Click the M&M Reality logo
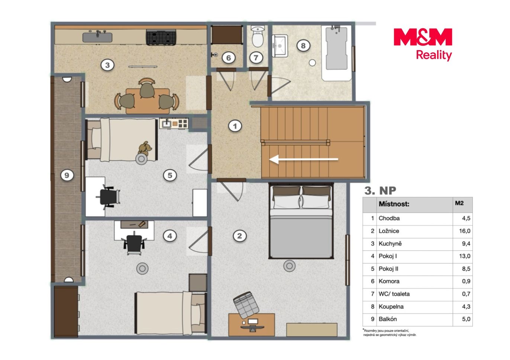click(423, 45)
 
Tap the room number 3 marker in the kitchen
click(107, 65)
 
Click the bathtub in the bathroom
click(336, 53)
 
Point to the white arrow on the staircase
click(304, 159)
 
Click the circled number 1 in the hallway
click(235, 126)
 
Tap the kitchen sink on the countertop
click(97, 36)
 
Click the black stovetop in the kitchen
click(161, 37)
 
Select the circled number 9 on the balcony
click(67, 175)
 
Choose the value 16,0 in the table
click(465, 231)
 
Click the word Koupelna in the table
click(391, 307)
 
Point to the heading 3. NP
click(380, 191)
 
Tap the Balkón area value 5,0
click(466, 319)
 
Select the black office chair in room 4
click(134, 244)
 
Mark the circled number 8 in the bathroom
click(303, 46)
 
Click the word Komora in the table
click(389, 281)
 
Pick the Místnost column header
click(394, 204)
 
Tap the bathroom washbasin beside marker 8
click(280, 46)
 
